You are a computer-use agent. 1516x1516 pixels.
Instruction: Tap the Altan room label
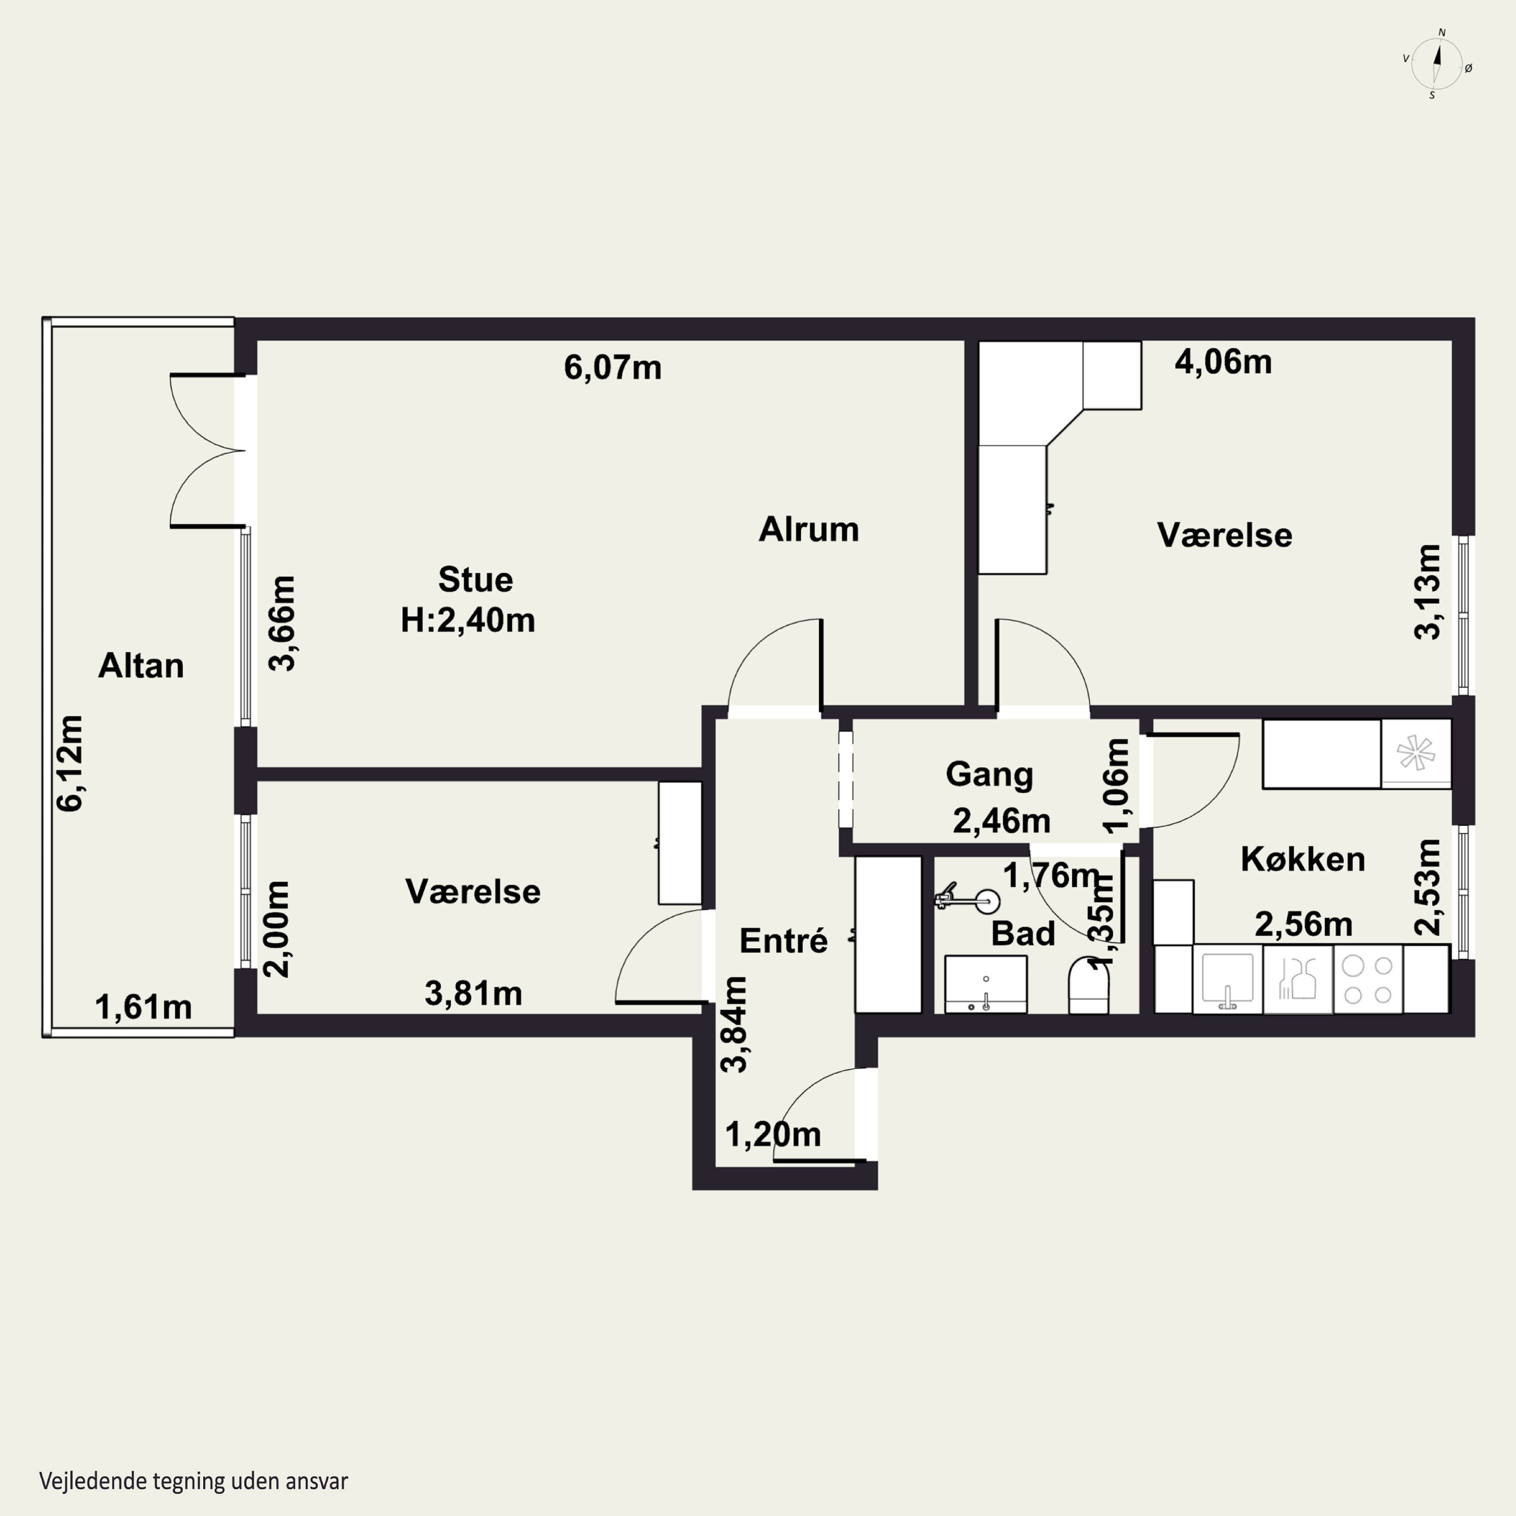pyautogui.click(x=141, y=666)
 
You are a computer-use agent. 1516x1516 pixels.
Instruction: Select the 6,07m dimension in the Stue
pyautogui.click(x=613, y=367)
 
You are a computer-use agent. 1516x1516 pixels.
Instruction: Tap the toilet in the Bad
pyautogui.click(x=1088, y=985)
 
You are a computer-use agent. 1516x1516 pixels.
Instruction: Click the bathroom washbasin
pyautogui.click(x=985, y=984)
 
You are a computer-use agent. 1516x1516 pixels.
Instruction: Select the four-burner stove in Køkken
pyautogui.click(x=1368, y=979)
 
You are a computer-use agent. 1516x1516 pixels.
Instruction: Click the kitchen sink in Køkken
pyautogui.click(x=1227, y=979)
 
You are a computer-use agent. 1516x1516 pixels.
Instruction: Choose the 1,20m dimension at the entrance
pyautogui.click(x=773, y=1134)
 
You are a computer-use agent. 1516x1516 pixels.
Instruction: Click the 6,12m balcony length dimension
pyautogui.click(x=69, y=763)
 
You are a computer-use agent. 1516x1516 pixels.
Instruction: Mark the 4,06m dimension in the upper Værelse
pyautogui.click(x=1223, y=362)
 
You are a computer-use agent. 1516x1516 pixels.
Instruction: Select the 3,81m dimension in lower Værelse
pyautogui.click(x=473, y=993)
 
